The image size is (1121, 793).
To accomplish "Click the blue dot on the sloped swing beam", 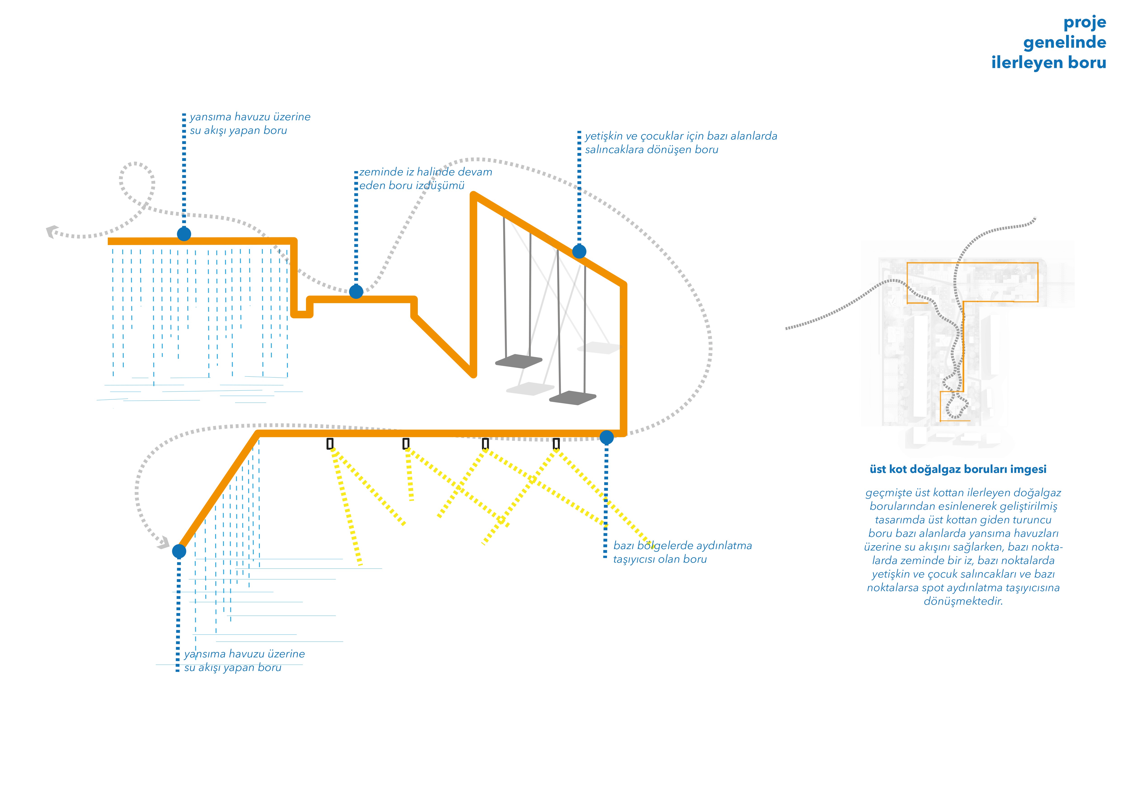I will coord(579,251).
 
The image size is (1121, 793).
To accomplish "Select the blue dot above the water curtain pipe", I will coord(184,234).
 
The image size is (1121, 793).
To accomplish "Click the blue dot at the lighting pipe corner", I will coord(606,437).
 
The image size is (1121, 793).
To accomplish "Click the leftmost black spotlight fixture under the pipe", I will coord(330,443).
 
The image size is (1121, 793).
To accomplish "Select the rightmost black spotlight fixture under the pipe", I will coord(556,443).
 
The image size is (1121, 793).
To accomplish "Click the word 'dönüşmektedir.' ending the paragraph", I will coord(963,601).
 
